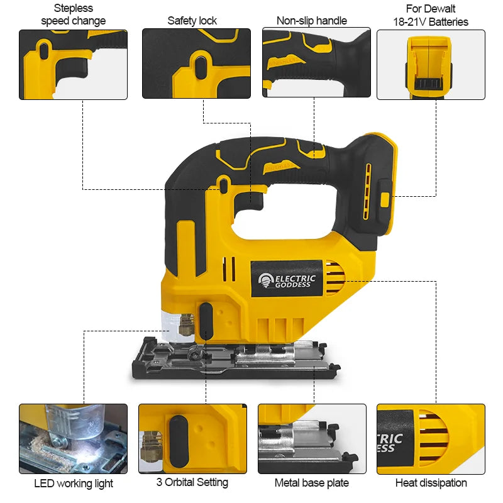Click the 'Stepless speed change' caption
(x=74, y=14)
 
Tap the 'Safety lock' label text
(x=192, y=21)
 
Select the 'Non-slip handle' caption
(x=312, y=21)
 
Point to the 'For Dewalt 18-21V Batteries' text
(x=431, y=15)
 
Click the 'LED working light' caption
(x=74, y=484)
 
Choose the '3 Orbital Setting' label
(x=192, y=482)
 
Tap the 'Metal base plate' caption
(x=312, y=483)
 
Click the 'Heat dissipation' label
(x=431, y=483)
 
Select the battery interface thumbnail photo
(x=431, y=64)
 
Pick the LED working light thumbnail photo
(x=74, y=438)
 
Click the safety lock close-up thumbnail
(x=196, y=64)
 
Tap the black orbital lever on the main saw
(x=206, y=321)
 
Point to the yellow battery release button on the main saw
(x=384, y=199)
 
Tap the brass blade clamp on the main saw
(x=185, y=325)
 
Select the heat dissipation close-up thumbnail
(x=431, y=438)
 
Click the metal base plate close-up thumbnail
(x=312, y=438)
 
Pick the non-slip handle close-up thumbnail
(x=316, y=62)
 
